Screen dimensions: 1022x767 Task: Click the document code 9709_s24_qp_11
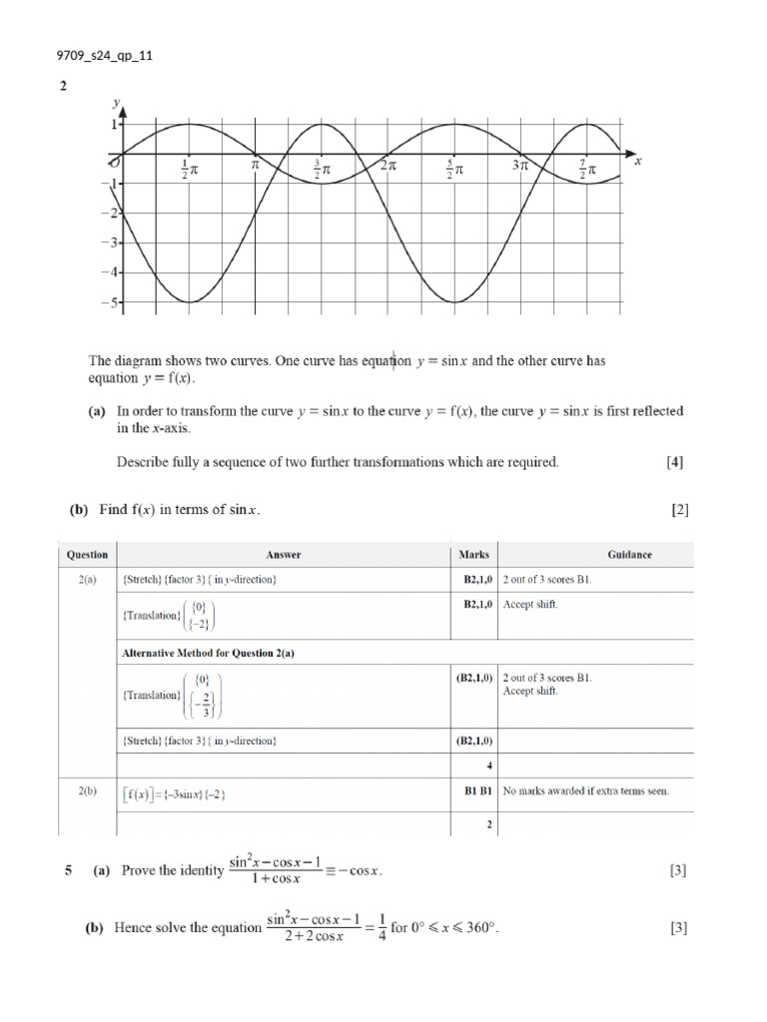pos(104,55)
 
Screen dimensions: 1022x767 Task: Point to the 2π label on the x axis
pos(388,167)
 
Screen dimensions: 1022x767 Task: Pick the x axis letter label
pos(637,160)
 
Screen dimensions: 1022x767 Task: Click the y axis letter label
pos(117,102)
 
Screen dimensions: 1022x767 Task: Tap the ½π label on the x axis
pos(189,170)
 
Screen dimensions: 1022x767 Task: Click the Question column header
pos(87,555)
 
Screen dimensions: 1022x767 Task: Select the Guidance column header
pos(629,555)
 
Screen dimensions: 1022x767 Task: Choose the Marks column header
pos(473,555)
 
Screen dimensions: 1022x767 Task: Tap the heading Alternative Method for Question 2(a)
pos(208,653)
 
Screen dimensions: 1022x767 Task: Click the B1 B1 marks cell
pos(477,791)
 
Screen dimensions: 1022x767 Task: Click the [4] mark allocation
pos(675,462)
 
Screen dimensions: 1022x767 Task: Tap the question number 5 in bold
pos(69,870)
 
